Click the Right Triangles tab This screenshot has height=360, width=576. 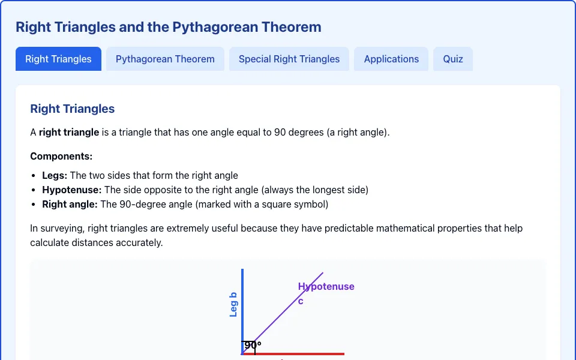coord(58,59)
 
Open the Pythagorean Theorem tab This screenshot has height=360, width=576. coord(165,59)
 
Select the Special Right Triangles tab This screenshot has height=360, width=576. coord(289,59)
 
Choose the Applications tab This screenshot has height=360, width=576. coord(391,59)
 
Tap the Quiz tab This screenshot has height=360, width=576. coord(453,59)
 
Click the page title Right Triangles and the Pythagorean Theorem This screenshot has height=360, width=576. coord(168,27)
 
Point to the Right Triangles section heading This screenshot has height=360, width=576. coord(73,109)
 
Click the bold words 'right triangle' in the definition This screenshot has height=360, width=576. coord(69,132)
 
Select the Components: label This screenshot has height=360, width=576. coord(61,156)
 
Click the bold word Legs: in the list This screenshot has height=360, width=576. coord(55,176)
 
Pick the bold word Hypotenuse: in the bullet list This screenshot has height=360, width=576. coord(71,190)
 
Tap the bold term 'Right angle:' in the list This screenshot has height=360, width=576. coord(70,204)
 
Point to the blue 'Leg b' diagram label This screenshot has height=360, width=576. coord(233,305)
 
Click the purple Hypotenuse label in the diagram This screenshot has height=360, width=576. coord(326,287)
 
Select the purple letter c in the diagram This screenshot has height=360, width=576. coord(301,301)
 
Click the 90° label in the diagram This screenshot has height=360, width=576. coord(253,346)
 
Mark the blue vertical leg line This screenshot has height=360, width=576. coord(242,311)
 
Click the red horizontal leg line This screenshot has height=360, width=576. coord(293,354)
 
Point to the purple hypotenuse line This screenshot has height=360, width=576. coord(282,313)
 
